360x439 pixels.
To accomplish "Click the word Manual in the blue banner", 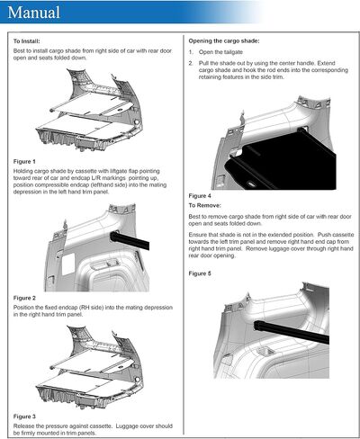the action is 33,13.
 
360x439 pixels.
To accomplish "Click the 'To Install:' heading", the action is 26,41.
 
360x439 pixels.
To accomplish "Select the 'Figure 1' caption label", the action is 24,161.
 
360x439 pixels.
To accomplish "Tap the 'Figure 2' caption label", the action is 24,298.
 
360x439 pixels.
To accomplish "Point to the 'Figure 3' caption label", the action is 24,417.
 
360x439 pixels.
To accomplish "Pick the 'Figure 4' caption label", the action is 200,196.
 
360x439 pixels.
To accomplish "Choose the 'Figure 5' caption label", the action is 200,273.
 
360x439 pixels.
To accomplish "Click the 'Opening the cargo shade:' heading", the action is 224,41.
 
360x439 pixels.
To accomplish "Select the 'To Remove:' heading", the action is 204,205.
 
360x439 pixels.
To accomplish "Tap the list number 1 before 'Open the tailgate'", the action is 191,52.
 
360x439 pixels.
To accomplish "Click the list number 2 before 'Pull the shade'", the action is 191,63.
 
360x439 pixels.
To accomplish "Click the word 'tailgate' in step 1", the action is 233,52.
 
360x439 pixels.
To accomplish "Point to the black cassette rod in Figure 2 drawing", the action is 130,240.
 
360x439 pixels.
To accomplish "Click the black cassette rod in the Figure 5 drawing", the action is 292,332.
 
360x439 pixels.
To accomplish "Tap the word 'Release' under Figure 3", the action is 23,426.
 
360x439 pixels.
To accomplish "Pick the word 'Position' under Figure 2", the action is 23,308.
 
